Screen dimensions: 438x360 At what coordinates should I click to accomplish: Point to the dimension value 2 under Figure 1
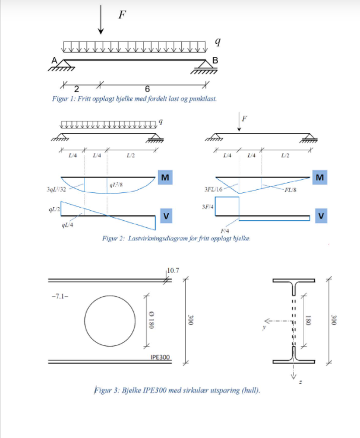click(76, 89)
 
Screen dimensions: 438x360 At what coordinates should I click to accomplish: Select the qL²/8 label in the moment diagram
click(117, 185)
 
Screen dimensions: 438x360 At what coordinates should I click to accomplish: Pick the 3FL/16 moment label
click(213, 191)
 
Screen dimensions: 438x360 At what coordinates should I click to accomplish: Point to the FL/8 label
click(289, 191)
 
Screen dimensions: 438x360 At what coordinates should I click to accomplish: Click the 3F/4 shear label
click(208, 206)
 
